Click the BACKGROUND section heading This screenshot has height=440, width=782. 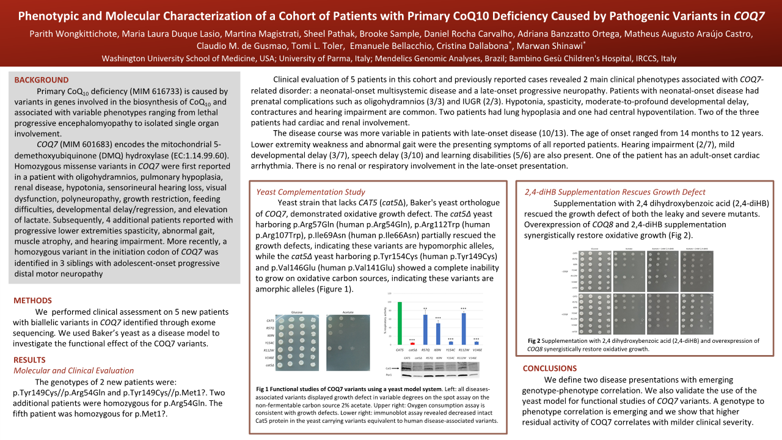tap(42, 80)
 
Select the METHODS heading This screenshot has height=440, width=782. tap(32, 300)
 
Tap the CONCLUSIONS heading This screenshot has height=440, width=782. tap(550, 369)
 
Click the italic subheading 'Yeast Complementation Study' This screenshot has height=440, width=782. tap(310, 192)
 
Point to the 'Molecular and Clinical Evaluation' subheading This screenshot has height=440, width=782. tap(73, 370)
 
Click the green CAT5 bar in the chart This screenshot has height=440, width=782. tap(400, 323)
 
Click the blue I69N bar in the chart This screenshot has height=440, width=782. tap(438, 334)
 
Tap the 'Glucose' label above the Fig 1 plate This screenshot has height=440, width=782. tap(296, 311)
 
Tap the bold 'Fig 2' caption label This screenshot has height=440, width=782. tap(534, 340)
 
